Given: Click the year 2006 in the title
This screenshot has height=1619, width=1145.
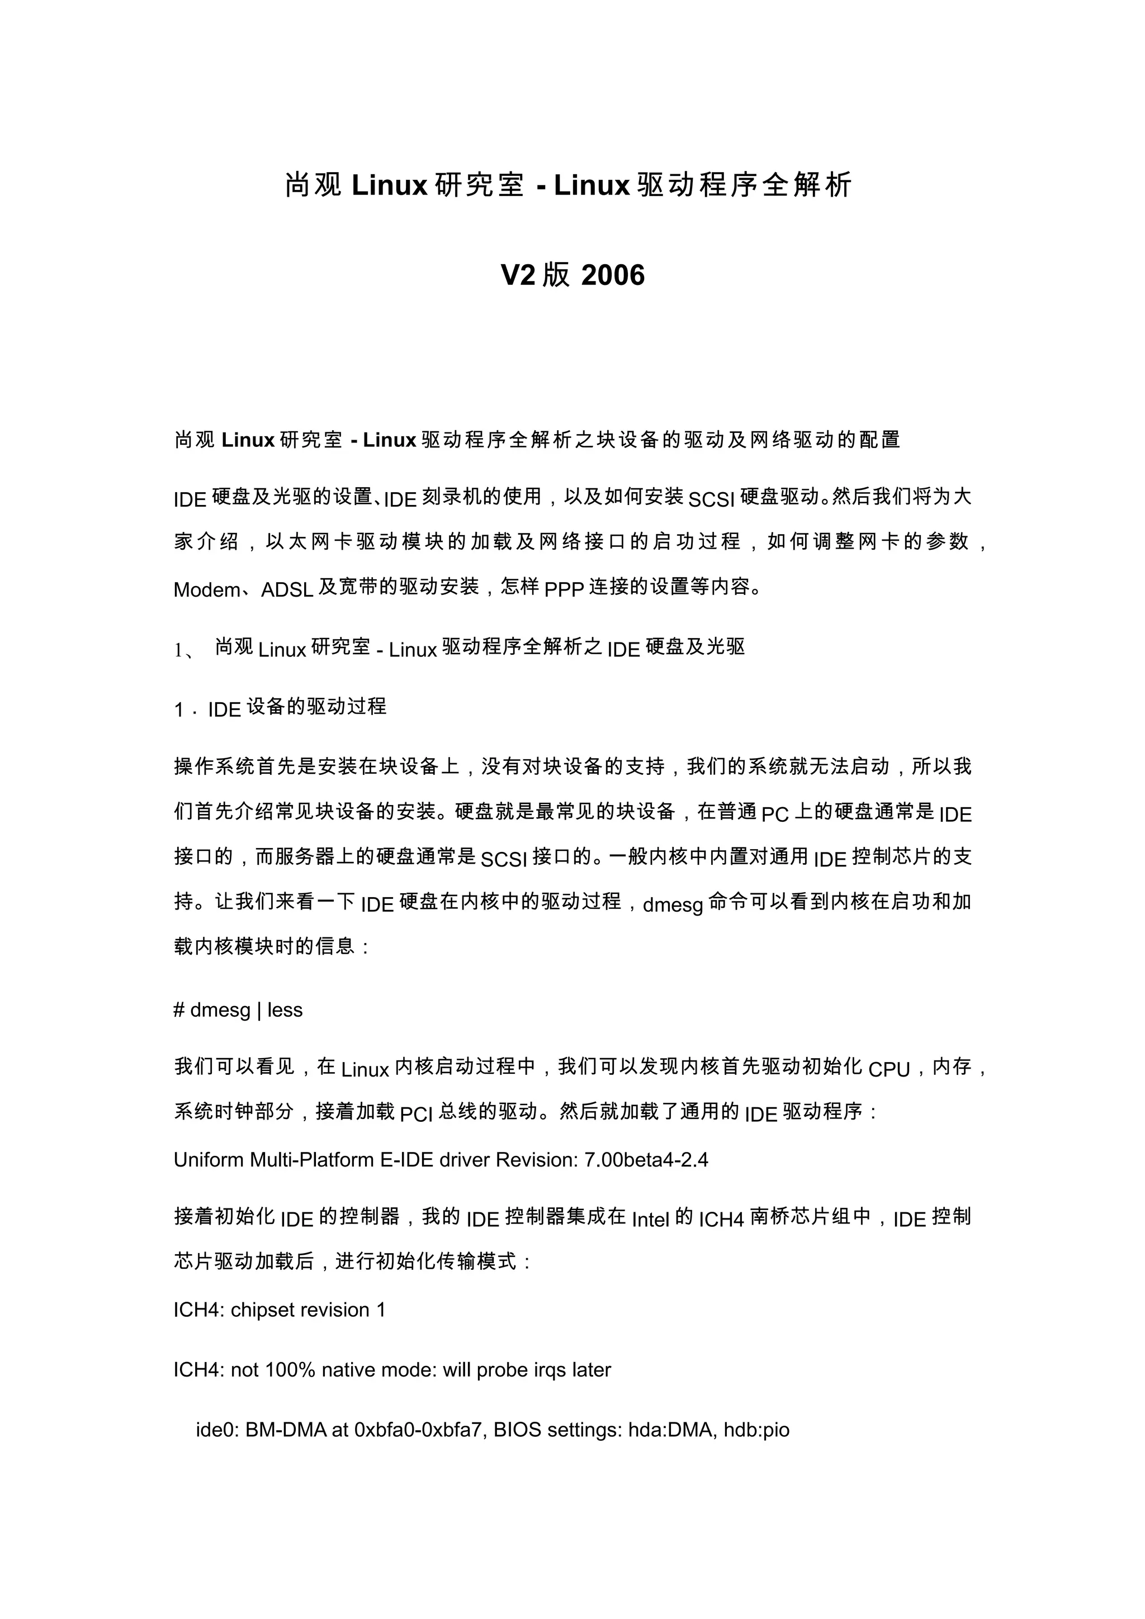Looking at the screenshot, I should coord(612,275).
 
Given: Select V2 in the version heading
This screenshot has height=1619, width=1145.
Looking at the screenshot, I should coord(518,275).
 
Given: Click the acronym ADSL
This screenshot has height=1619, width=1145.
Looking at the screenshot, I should coord(287,589).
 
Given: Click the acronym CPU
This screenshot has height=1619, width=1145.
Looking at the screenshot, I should coord(889,1070).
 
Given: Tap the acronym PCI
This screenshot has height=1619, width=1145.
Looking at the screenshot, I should coord(416,1114).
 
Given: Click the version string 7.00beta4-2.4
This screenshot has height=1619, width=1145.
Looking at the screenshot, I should coord(646,1160).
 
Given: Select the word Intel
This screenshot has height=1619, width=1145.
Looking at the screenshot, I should coord(650,1219).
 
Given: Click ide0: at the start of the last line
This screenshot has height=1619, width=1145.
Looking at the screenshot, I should coord(217,1430).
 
